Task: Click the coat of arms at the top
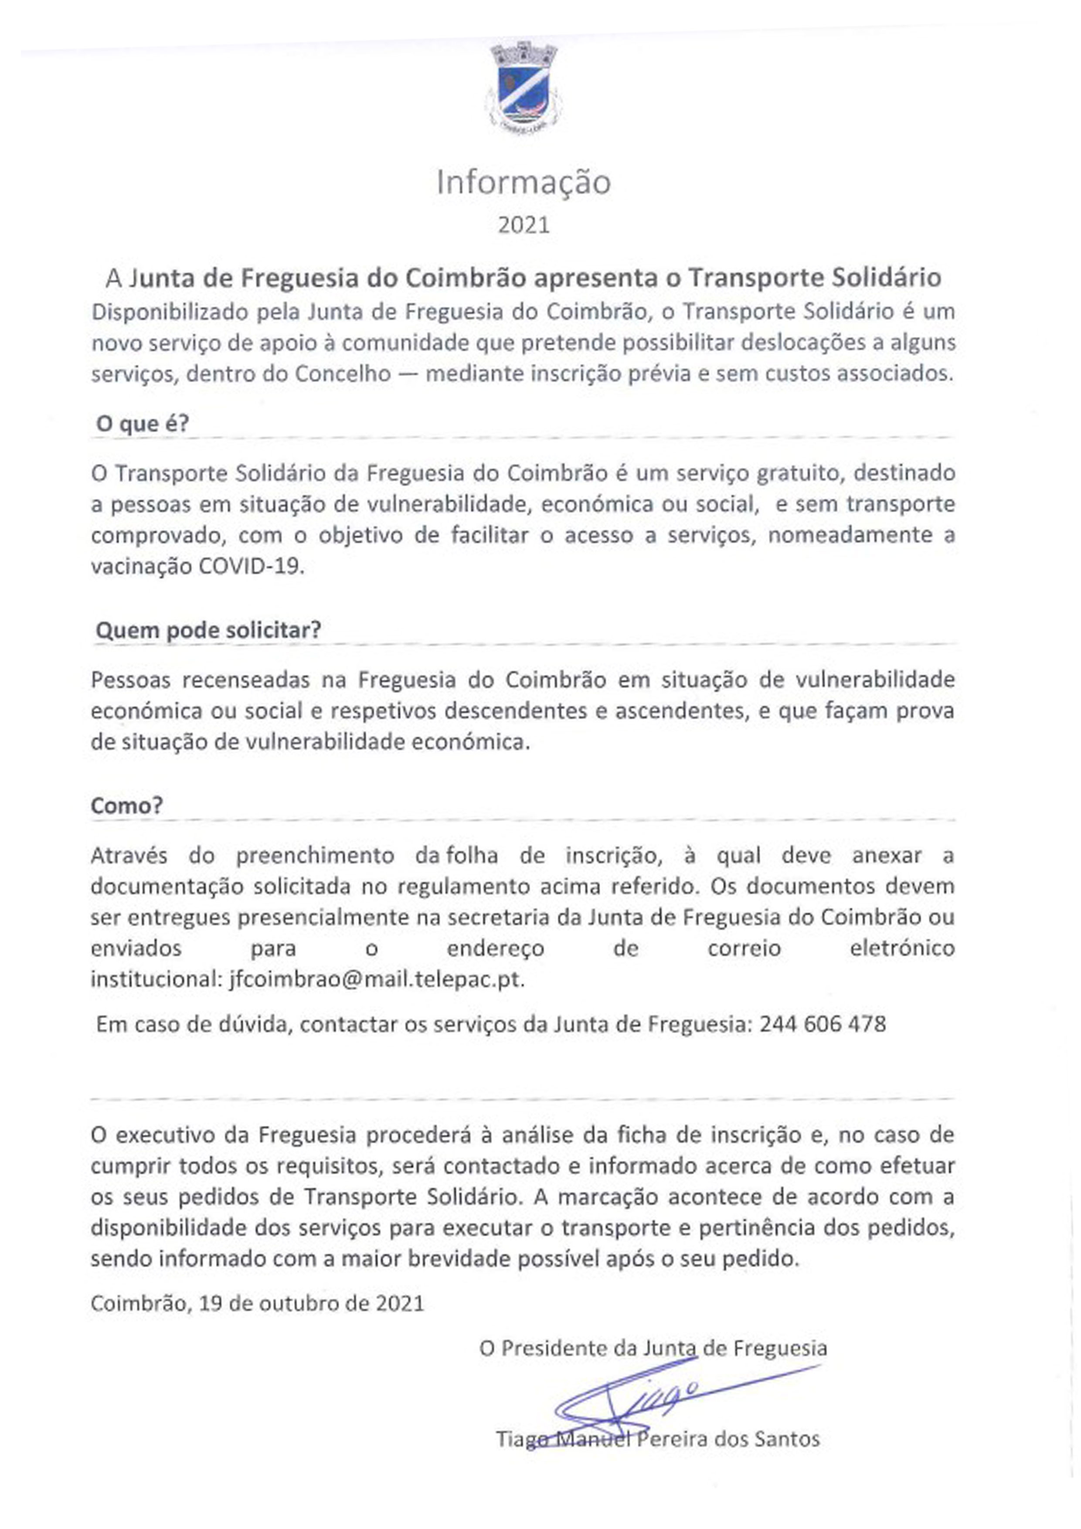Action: pos(524,87)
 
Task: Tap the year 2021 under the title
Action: pos(524,225)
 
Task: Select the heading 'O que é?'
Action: pos(143,424)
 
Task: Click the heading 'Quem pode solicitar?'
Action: pos(208,630)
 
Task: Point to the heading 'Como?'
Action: pos(126,806)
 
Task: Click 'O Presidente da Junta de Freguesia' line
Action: pos(653,1349)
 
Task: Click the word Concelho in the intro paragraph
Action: pos(342,374)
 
